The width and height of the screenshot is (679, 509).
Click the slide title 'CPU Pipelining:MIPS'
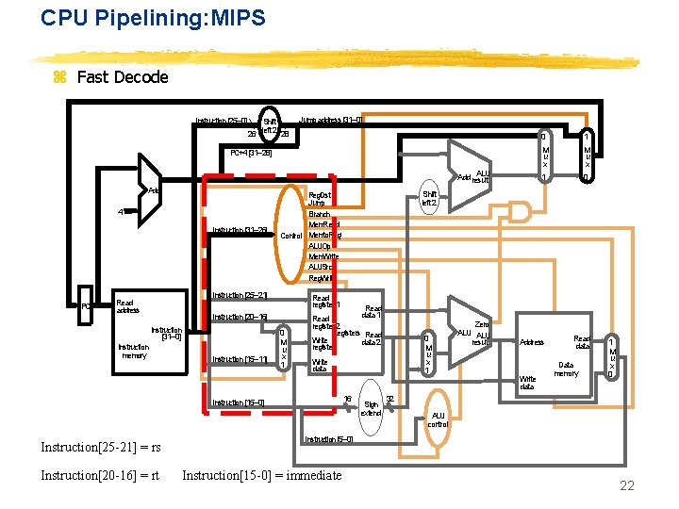point(153,18)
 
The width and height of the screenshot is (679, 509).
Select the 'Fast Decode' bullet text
point(123,77)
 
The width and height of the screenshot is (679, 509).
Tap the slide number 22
point(626,484)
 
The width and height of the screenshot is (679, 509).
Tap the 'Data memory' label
point(567,369)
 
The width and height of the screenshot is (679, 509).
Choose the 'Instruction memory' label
point(133,352)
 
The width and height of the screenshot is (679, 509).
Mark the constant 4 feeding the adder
point(120,211)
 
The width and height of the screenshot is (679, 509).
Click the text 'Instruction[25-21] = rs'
point(101,447)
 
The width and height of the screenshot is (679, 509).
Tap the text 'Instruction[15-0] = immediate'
point(262,476)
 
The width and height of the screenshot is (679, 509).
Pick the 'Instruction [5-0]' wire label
point(329,439)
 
